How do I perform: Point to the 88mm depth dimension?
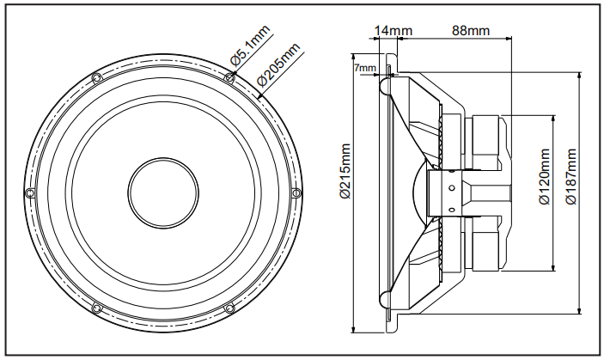(x=470, y=31)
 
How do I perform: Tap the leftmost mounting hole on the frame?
(x=30, y=192)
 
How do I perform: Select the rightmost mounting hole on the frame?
(x=296, y=192)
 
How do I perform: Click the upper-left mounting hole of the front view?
(x=96, y=78)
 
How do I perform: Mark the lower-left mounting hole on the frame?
(x=96, y=306)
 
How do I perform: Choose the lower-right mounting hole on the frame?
(x=229, y=306)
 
